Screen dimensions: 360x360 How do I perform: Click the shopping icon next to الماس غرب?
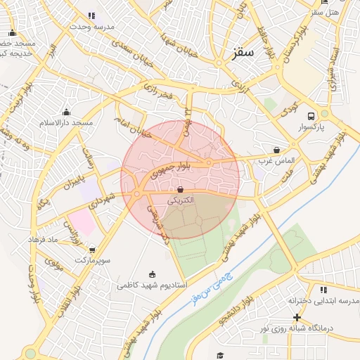[276, 150]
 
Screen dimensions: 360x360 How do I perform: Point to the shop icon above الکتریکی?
[181, 189]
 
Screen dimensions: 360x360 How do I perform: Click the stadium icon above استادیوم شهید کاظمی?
[153, 274]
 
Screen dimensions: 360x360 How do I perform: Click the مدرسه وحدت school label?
[91, 26]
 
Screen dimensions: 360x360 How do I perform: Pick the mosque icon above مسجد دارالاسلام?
[67, 112]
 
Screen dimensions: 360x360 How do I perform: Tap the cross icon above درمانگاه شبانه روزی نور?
[297, 317]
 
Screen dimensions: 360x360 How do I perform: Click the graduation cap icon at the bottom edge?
[220, 356]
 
